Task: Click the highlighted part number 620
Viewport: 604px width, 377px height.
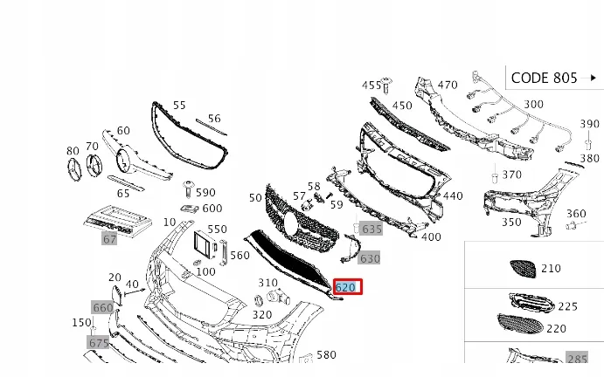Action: [x=346, y=286]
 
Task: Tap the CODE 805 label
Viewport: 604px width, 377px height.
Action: [x=544, y=78]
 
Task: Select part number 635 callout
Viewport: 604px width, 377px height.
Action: [x=371, y=229]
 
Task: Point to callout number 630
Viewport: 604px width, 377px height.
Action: [x=370, y=258]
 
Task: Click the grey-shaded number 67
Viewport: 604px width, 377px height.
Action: [x=109, y=238]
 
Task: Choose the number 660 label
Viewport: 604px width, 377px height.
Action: [x=103, y=307]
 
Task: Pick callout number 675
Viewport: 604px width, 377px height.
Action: [x=98, y=343]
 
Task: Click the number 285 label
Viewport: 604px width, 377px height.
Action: [x=577, y=358]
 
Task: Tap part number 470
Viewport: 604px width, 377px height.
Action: [x=448, y=85]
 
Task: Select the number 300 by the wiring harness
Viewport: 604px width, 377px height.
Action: [x=533, y=104]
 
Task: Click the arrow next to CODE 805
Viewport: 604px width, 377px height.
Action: [x=594, y=78]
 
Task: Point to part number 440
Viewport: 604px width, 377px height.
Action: [x=452, y=196]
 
